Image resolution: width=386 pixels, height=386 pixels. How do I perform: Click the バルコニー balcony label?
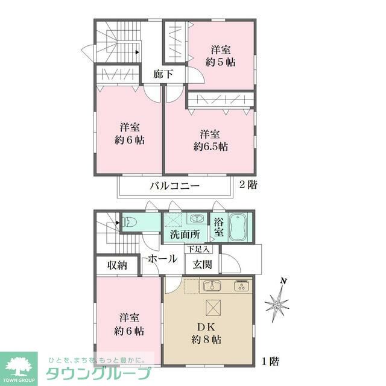[x=174, y=186]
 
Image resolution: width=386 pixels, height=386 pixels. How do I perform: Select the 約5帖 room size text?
[x=220, y=62]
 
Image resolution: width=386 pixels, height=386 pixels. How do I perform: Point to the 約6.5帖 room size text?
[x=210, y=146]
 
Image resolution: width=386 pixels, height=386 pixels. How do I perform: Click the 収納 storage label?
[x=117, y=265]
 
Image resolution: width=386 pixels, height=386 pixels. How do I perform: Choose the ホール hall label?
[x=162, y=259]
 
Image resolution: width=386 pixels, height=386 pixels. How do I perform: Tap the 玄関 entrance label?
[x=202, y=264]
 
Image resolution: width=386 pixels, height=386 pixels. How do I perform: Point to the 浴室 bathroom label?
[x=218, y=227]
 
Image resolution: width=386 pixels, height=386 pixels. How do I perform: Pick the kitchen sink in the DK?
[x=212, y=286]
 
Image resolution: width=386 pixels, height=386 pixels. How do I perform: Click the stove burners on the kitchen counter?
[x=242, y=286]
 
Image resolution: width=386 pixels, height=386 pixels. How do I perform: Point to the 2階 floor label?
[x=248, y=185]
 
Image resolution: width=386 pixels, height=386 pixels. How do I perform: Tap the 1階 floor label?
[x=270, y=362]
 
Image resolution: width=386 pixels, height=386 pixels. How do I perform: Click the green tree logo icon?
[x=18, y=365]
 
